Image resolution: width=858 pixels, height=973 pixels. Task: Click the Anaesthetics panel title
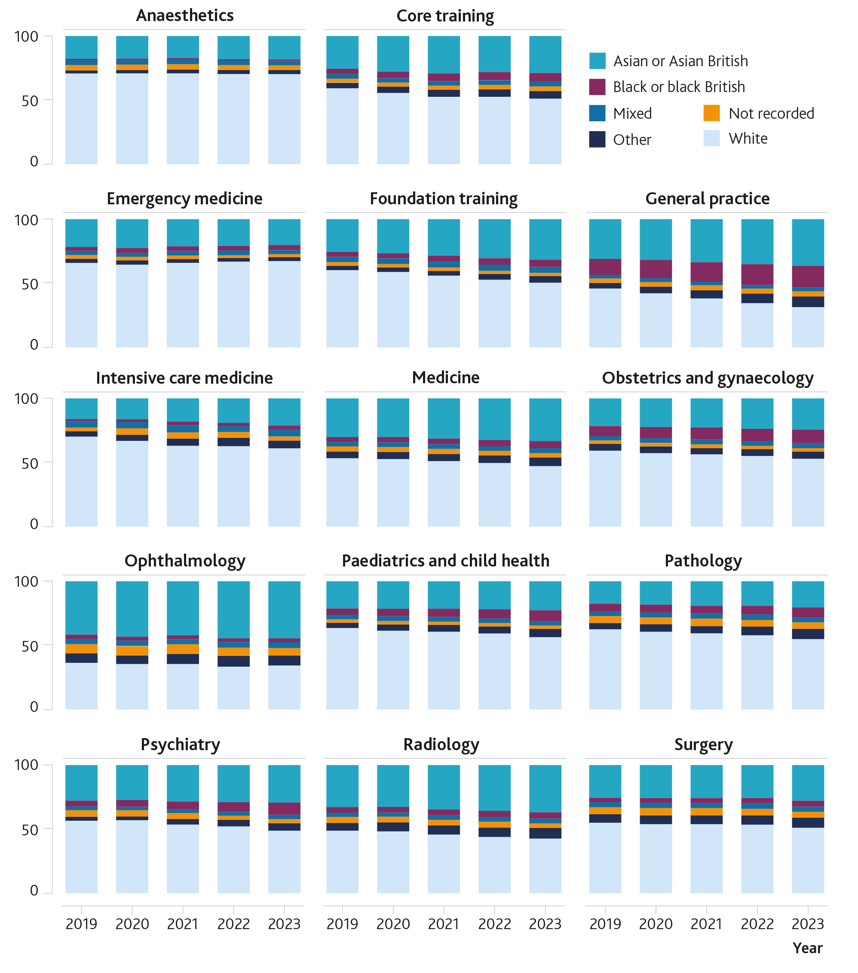tap(184, 16)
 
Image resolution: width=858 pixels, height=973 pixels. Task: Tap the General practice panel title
tap(707, 198)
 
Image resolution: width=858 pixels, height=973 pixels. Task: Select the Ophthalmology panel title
tap(184, 561)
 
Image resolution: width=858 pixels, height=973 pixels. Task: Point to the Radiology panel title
tap(441, 744)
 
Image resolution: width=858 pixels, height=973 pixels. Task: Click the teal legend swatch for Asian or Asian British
tap(597, 61)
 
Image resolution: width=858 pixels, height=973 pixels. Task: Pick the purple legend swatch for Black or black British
tap(597, 87)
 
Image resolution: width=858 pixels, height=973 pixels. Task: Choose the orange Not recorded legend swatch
tap(711, 113)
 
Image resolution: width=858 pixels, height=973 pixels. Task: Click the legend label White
tap(748, 139)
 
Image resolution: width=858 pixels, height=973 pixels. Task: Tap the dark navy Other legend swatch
tap(597, 139)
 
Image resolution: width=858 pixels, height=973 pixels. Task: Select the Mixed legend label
tap(632, 113)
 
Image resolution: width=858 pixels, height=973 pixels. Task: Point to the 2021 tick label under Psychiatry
tap(183, 924)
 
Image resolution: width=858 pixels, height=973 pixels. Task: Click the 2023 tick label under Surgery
tap(807, 924)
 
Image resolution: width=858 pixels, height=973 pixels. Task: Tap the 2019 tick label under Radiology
tap(342, 924)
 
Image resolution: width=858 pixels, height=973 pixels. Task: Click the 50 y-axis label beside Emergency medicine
tap(30, 284)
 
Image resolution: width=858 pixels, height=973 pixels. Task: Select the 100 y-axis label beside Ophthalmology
tap(26, 581)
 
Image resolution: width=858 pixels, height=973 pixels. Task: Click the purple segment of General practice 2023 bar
tap(808, 277)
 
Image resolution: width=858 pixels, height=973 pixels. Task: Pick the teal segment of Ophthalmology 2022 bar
tap(233, 610)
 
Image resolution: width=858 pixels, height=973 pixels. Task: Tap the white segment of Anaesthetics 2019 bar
tap(81, 119)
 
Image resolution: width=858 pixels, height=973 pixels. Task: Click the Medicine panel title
tap(445, 378)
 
